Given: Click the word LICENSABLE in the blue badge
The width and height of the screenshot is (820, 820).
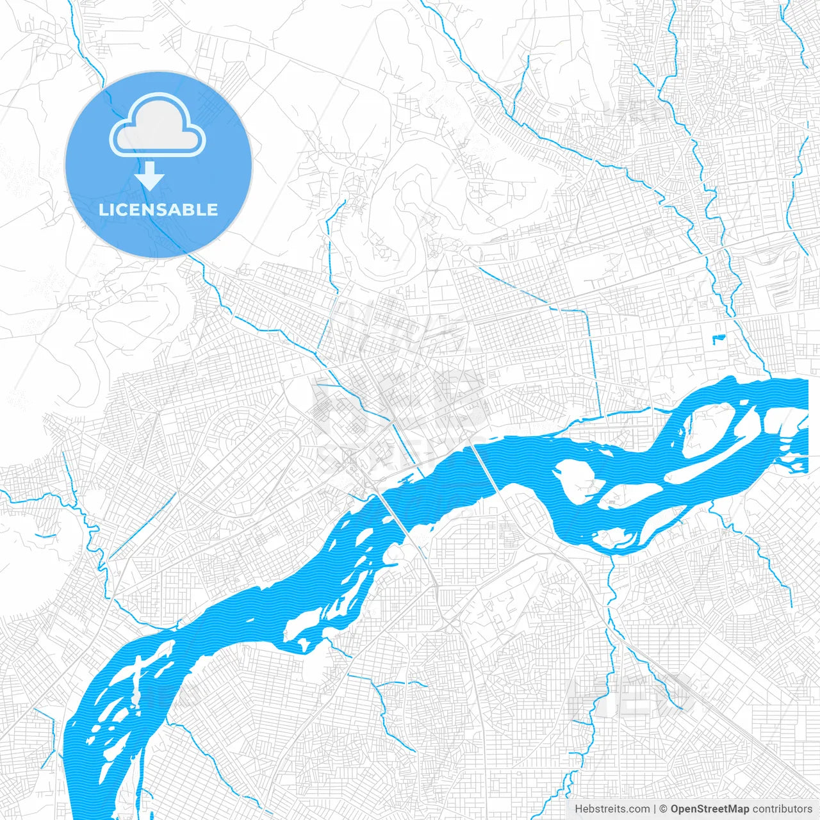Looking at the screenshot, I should pyautogui.click(x=158, y=209).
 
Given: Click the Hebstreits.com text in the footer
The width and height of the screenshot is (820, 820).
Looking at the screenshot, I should pyautogui.click(x=612, y=809).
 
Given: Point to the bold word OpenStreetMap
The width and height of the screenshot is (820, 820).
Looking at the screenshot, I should pyautogui.click(x=710, y=809).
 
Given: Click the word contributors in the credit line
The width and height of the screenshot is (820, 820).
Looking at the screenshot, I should pyautogui.click(x=782, y=809).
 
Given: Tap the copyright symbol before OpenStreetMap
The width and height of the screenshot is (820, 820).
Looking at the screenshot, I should pyautogui.click(x=664, y=809).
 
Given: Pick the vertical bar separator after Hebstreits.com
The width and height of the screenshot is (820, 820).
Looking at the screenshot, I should pyautogui.click(x=655, y=809).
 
